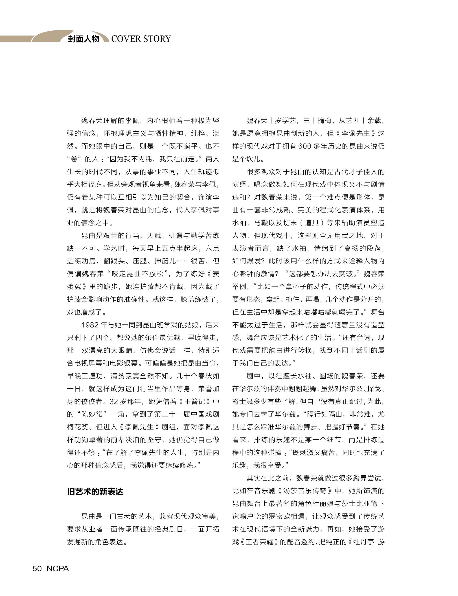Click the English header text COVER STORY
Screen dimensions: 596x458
[x=141, y=39]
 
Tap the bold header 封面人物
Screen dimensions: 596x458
[x=83, y=39]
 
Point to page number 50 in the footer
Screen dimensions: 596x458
[x=37, y=568]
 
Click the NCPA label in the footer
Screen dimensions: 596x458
[x=58, y=568]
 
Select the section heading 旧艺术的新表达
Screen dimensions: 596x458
[x=95, y=492]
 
